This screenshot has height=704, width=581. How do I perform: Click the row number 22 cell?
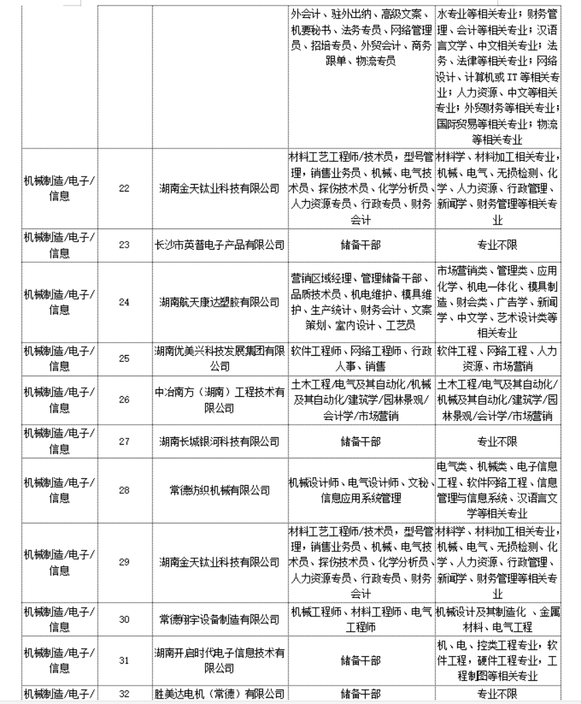pos(124,188)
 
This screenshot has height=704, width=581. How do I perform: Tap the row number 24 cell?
pos(124,301)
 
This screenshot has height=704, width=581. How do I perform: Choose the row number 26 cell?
pos(124,399)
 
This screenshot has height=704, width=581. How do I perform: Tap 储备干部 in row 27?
pos(361,441)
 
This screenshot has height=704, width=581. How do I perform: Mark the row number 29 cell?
pos(124,562)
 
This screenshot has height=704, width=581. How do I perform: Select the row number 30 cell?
pos(124,619)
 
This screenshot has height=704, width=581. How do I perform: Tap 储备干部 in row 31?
pos(361,660)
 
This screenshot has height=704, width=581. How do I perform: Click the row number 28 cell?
pos(124,490)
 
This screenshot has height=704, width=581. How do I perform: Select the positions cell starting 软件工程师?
pos(361,358)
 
